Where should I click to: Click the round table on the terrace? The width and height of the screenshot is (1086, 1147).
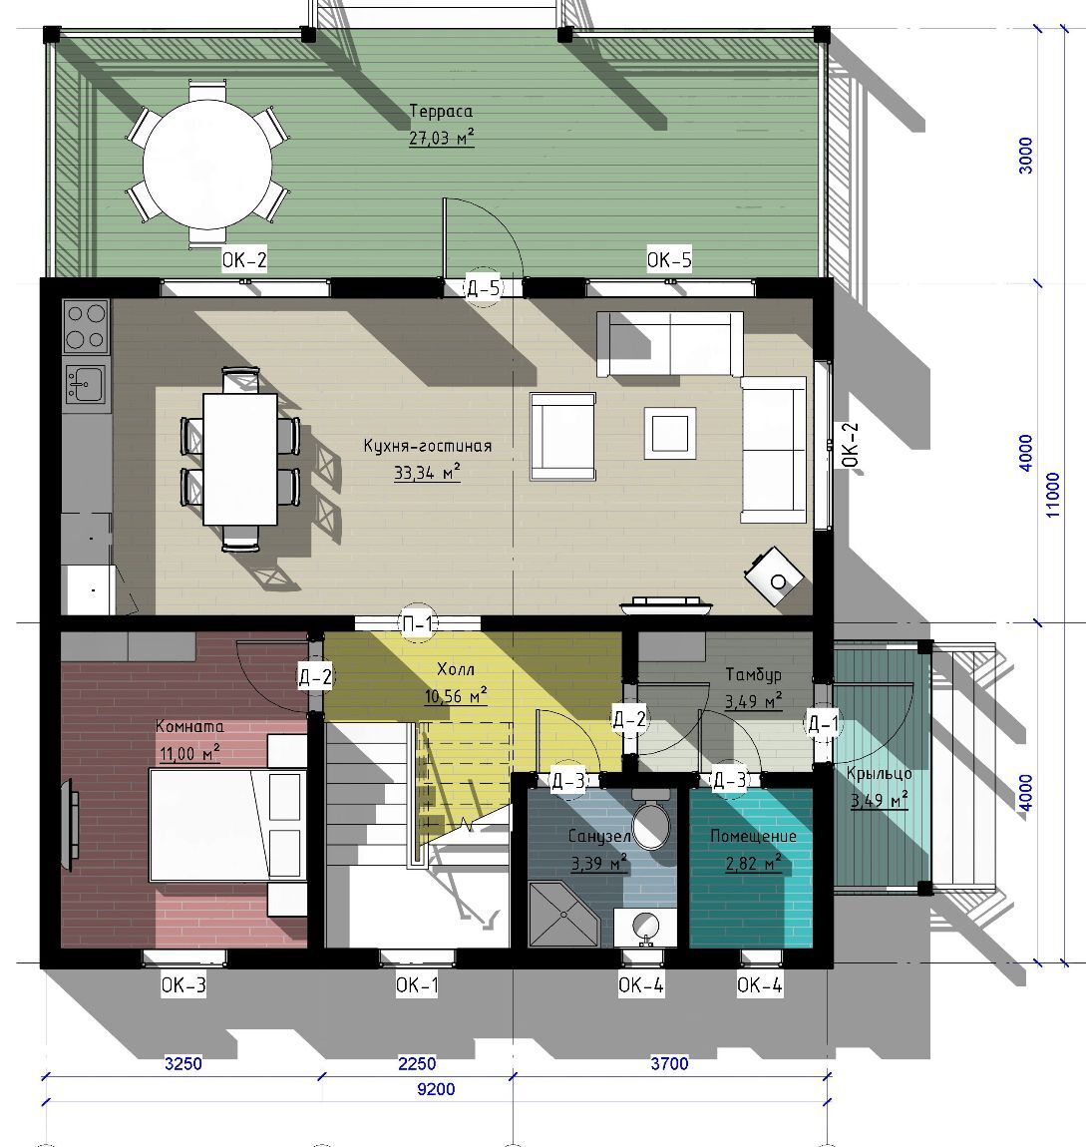pyautogui.click(x=207, y=165)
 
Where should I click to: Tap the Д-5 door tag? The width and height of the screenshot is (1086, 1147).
pyautogui.click(x=484, y=288)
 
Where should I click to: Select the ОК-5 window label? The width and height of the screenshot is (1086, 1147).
pyautogui.click(x=669, y=259)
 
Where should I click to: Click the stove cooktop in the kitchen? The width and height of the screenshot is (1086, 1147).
pyautogui.click(x=87, y=325)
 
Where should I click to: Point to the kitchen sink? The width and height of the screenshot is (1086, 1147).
pyautogui.click(x=86, y=383)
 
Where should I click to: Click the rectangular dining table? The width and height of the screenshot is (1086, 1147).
pyautogui.click(x=240, y=460)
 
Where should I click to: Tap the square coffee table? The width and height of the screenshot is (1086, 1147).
pyautogui.click(x=669, y=433)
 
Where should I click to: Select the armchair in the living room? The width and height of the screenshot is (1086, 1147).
pyautogui.click(x=562, y=436)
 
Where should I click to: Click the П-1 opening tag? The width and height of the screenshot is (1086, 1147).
pyautogui.click(x=418, y=624)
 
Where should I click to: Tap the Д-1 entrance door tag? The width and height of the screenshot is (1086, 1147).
pyautogui.click(x=823, y=724)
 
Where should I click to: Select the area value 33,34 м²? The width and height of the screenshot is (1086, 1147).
pyautogui.click(x=427, y=473)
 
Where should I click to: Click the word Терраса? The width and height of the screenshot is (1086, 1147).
pyautogui.click(x=441, y=111)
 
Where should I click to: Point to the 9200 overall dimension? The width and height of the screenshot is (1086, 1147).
pyautogui.click(x=436, y=1089)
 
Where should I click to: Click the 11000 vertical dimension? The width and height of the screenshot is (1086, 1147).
pyautogui.click(x=1052, y=495)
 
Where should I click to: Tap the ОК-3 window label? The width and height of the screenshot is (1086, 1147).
pyautogui.click(x=183, y=985)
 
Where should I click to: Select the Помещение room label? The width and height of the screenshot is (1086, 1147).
pyautogui.click(x=753, y=836)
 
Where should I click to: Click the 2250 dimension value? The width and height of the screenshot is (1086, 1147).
pyautogui.click(x=417, y=1063)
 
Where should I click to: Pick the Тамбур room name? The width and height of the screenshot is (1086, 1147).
pyautogui.click(x=753, y=674)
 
